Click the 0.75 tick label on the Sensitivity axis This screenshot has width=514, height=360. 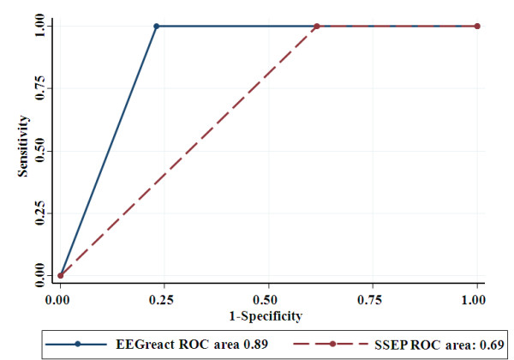coord(39,88)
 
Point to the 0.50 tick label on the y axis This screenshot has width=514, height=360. coord(39,151)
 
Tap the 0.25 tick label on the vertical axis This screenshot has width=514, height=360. coord(39,213)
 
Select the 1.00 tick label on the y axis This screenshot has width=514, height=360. coord(39,26)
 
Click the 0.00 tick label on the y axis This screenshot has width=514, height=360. coord(39,276)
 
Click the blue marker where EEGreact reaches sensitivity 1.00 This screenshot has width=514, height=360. coord(157,26)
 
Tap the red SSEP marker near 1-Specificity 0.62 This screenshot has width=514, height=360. coord(317,26)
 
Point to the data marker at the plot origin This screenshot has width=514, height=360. coord(59,276)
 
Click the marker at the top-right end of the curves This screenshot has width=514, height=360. coord(477,26)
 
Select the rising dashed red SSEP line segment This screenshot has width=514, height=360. coord(188,151)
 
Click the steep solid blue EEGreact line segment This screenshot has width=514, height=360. coord(108,151)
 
